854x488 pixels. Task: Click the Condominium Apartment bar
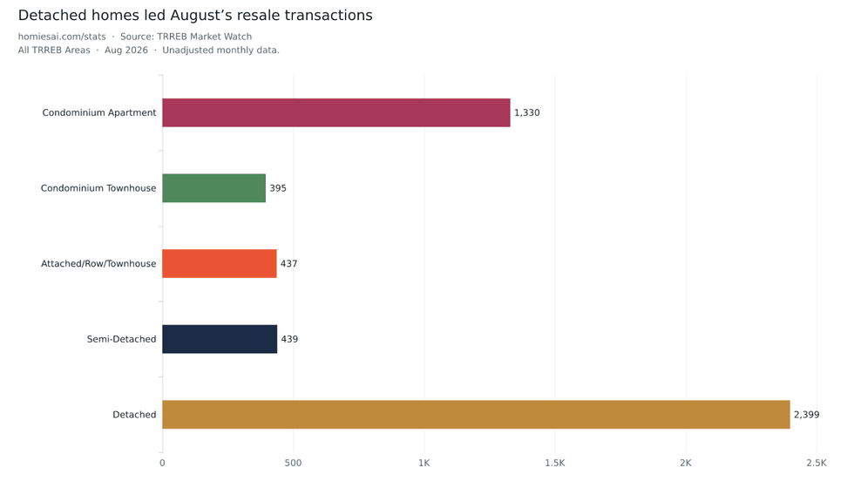(x=336, y=112)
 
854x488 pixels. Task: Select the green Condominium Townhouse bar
(x=214, y=188)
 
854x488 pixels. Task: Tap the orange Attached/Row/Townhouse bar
(x=220, y=263)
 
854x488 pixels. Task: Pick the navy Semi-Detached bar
(x=220, y=339)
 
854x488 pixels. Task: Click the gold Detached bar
(x=476, y=415)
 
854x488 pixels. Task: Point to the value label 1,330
(x=526, y=112)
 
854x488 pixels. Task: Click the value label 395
(x=278, y=188)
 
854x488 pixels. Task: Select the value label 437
(x=288, y=263)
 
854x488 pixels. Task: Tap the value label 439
(x=289, y=339)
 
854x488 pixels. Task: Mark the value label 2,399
(x=806, y=415)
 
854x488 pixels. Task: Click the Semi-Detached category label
(x=121, y=339)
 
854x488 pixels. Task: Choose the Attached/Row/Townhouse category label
(x=98, y=263)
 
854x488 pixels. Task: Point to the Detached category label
(x=134, y=415)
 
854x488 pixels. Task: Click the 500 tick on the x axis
(x=293, y=463)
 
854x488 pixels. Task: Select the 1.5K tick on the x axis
(x=555, y=463)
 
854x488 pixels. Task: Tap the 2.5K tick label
(x=817, y=463)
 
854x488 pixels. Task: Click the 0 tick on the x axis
(x=162, y=463)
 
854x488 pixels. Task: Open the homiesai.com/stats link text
(x=62, y=37)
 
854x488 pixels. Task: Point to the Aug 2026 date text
(x=126, y=51)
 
